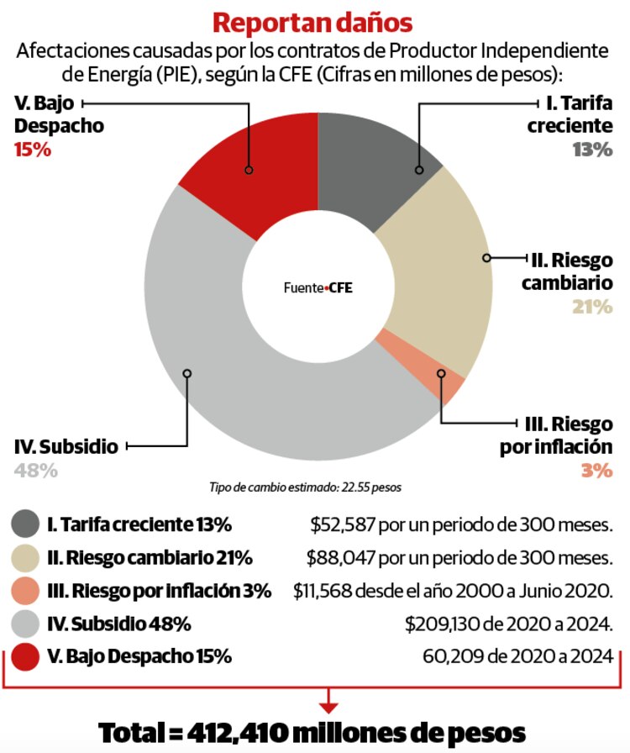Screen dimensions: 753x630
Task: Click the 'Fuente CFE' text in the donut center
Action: (x=318, y=287)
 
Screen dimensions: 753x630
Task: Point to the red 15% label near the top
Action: (x=34, y=151)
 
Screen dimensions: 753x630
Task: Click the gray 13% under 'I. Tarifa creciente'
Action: (x=593, y=150)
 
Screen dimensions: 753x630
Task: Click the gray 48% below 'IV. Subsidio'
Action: (x=36, y=471)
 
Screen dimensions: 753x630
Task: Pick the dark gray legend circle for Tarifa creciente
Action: (x=25, y=524)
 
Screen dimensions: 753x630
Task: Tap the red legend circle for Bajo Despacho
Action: (x=25, y=658)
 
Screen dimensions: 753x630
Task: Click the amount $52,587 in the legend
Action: (x=342, y=524)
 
